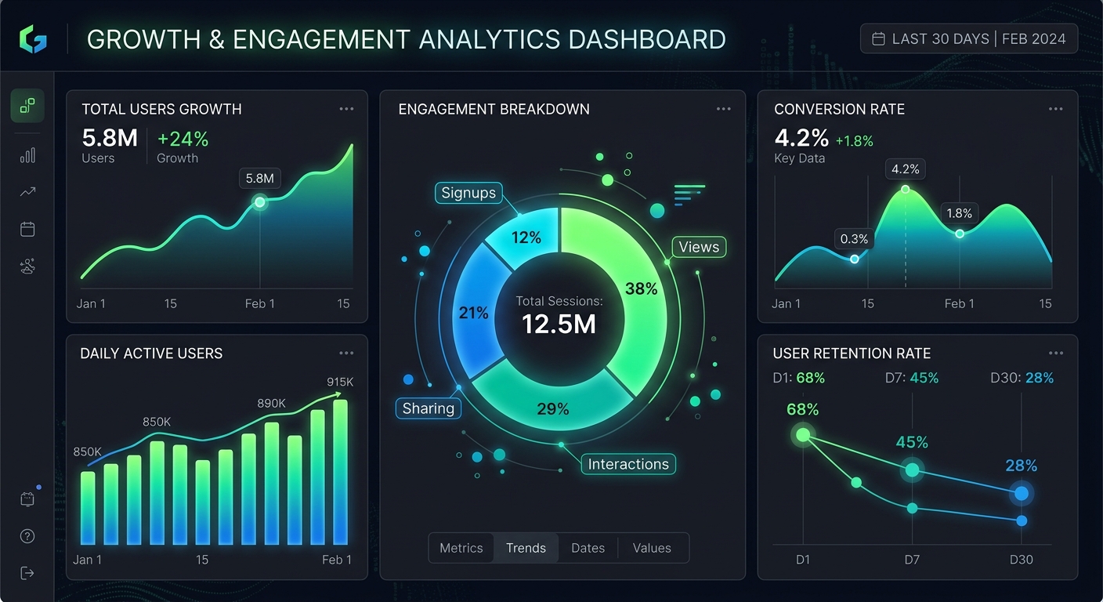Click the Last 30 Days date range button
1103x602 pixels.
pyautogui.click(x=969, y=38)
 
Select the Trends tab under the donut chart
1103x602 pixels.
pyautogui.click(x=526, y=548)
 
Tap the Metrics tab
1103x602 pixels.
pyautogui.click(x=461, y=548)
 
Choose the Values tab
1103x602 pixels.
pyautogui.click(x=652, y=548)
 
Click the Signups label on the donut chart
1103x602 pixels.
pyautogui.click(x=468, y=193)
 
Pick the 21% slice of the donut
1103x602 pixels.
pyautogui.click(x=473, y=313)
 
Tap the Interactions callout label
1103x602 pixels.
pyautogui.click(x=628, y=464)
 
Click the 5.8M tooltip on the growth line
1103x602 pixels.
pyautogui.click(x=260, y=178)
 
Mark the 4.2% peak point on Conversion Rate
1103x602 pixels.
pyautogui.click(x=906, y=189)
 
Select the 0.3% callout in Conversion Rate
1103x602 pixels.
pyautogui.click(x=854, y=239)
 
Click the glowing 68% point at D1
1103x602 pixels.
pyautogui.click(x=803, y=434)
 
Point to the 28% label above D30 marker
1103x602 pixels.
pyautogui.click(x=1021, y=466)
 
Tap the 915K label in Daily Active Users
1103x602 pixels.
pyautogui.click(x=340, y=383)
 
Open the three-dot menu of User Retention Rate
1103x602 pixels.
pyautogui.click(x=1056, y=354)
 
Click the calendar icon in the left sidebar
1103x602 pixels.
pyautogui.click(x=27, y=229)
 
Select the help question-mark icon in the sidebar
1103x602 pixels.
pyautogui.click(x=27, y=536)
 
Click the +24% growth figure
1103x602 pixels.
pyautogui.click(x=183, y=140)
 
